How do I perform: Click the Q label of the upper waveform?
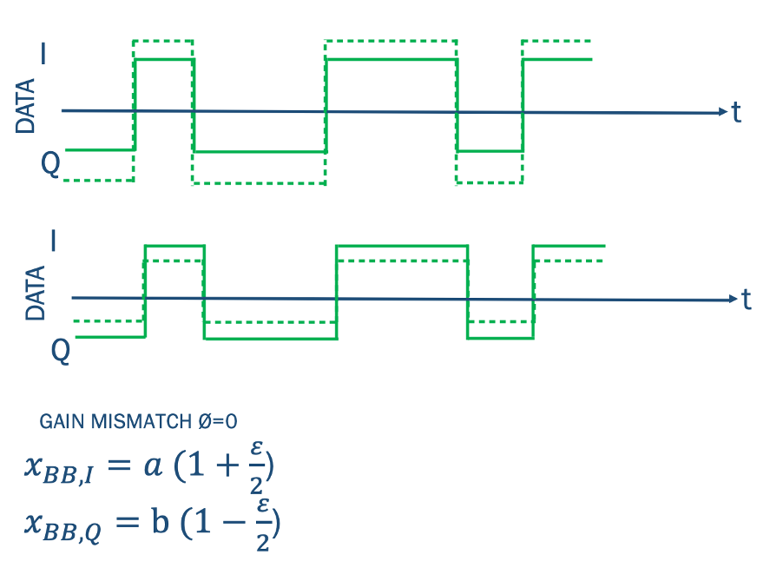(49, 166)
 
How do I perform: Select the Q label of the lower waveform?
(60, 349)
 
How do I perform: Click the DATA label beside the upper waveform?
(27, 106)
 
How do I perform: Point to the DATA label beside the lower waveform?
(36, 294)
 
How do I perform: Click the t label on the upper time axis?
(736, 112)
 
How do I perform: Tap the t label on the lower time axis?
(746, 300)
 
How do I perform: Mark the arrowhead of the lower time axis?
(732, 300)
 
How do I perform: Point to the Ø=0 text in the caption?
(214, 422)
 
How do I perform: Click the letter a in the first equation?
(153, 465)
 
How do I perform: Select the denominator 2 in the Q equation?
(262, 543)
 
